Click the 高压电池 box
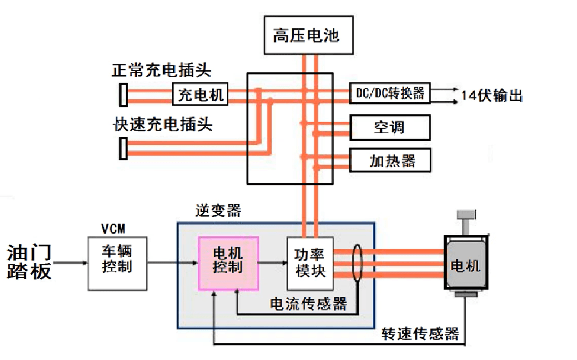[308, 35]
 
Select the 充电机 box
[200, 95]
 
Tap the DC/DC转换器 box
[390, 94]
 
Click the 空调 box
[390, 127]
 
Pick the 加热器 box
[390, 161]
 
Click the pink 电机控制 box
[228, 263]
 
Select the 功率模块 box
[310, 263]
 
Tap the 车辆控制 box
[118, 263]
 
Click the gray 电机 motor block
[465, 264]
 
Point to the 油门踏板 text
[29, 262]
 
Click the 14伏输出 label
[491, 95]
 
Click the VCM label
[112, 228]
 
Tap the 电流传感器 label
[309, 303]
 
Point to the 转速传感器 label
[420, 334]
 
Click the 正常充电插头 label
[162, 70]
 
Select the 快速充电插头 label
[163, 124]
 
